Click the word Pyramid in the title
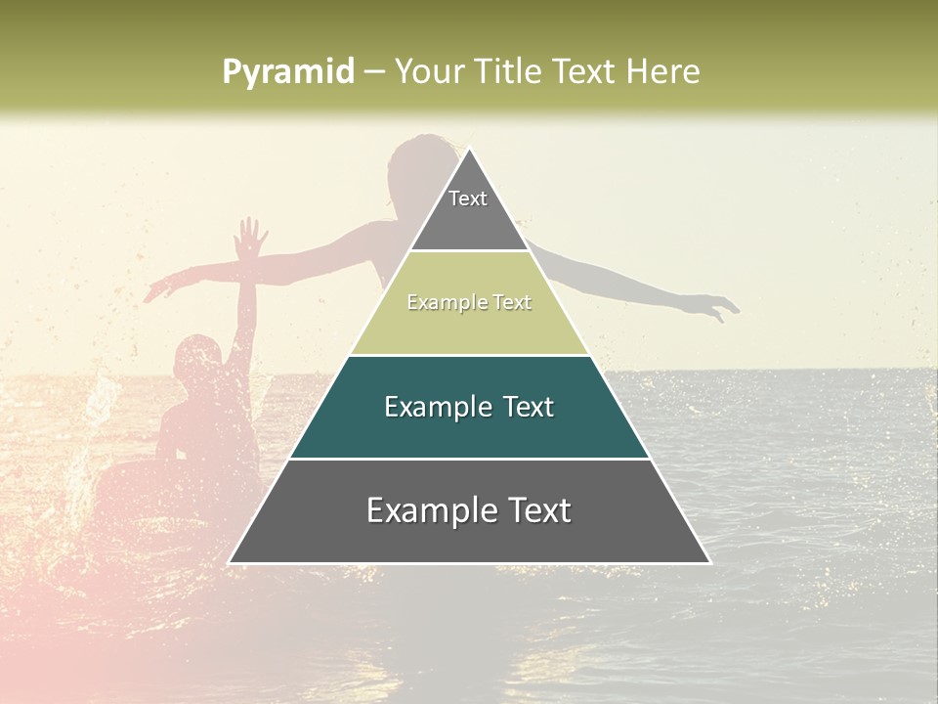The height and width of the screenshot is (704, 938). click(288, 71)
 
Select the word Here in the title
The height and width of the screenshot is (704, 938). click(663, 71)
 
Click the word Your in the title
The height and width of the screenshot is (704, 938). click(431, 71)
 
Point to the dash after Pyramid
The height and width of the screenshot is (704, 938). click(375, 72)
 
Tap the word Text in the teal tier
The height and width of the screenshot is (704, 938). click(523, 407)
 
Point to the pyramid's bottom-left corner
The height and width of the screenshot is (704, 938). click(230, 563)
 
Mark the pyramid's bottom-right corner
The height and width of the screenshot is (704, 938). click(709, 563)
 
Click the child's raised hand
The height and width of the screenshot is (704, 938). click(252, 238)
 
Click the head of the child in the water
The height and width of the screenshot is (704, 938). click(198, 356)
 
